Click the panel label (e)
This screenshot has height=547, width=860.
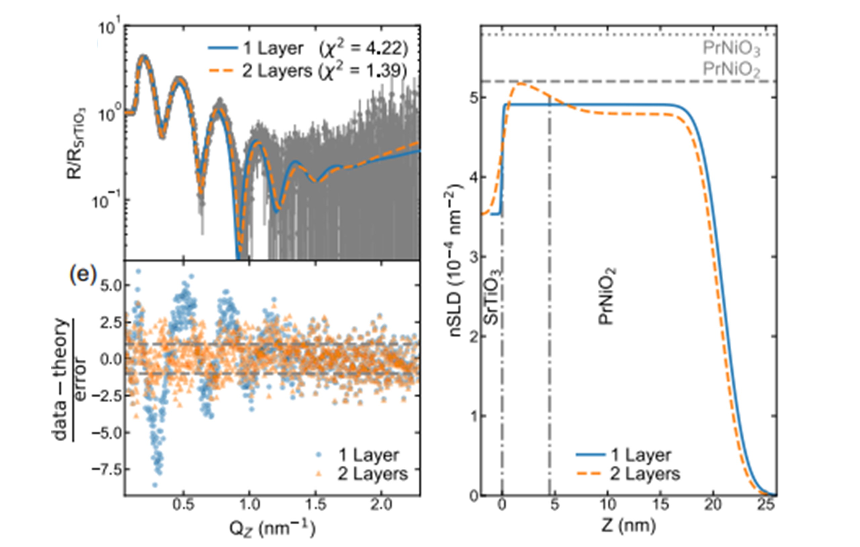(83, 276)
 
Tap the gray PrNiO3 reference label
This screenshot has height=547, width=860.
(731, 49)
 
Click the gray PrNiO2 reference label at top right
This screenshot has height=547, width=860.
(731, 69)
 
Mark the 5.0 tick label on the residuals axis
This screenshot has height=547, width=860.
(111, 286)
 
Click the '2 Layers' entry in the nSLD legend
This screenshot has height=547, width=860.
(629, 474)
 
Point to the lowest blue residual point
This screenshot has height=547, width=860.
(155, 485)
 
